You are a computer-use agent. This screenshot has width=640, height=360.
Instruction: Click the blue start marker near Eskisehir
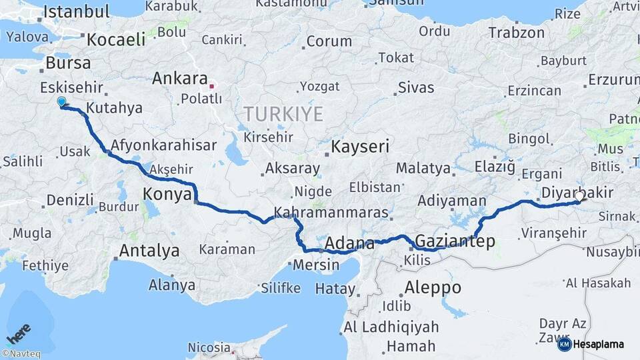point(61,102)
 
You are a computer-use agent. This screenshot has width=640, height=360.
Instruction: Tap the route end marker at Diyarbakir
point(581,197)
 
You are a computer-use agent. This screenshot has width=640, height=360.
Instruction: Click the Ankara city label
point(179,79)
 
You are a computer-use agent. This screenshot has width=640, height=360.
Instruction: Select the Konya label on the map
point(167,195)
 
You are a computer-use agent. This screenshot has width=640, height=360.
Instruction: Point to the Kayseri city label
point(361,147)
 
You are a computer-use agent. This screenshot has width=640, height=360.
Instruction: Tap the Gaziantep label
point(455,241)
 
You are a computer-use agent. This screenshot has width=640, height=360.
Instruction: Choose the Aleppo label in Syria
point(433,288)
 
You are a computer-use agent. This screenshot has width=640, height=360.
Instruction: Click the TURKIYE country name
point(283,114)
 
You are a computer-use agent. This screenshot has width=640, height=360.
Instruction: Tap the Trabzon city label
point(516,32)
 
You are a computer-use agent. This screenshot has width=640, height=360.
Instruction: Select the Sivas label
point(415,87)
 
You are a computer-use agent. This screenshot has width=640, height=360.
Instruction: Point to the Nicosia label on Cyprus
point(209,347)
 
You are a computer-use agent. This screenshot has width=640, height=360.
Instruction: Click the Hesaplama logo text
point(598,344)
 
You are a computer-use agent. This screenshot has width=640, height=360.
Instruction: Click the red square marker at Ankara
point(212,86)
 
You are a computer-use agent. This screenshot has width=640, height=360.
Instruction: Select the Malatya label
point(423,168)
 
